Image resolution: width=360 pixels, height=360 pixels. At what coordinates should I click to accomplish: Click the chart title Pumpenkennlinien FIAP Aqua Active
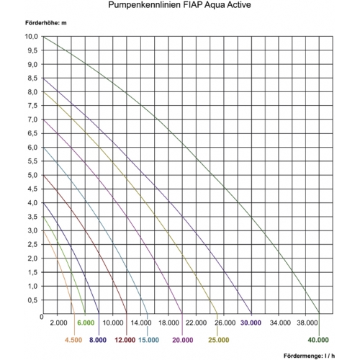pos(179,5)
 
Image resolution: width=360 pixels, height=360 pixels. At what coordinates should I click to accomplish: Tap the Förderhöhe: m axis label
pos(46,23)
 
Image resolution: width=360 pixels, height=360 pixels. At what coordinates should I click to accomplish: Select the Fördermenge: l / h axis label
pos(309,356)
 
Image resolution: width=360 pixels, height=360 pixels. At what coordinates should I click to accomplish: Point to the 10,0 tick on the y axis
pos(32,37)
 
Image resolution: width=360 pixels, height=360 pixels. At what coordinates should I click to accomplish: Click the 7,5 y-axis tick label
pos(33,106)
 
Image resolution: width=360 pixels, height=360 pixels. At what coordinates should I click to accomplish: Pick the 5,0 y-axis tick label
pos(33,175)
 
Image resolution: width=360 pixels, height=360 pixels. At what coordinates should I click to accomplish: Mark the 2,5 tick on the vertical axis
pos(33,245)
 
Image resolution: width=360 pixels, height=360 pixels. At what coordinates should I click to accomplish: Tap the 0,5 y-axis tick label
pos(33,300)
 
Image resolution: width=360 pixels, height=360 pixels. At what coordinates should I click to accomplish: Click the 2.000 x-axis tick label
pos(58,323)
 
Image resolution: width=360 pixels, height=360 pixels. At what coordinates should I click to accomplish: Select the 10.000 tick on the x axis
pos(113,323)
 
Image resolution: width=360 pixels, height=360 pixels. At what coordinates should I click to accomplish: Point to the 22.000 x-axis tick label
pos(196,323)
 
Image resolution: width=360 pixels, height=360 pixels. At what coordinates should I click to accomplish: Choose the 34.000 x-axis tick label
pos(280,323)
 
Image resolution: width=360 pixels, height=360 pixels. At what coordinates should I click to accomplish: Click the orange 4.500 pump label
pos(73,340)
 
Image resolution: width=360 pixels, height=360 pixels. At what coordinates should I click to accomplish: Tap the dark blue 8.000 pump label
pos(98,340)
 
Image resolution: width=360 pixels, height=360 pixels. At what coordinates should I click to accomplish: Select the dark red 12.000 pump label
pos(125,340)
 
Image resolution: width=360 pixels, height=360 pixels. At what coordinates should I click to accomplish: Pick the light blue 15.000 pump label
pos(148,340)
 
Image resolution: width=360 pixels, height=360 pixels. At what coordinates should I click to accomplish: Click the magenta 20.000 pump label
pos(183,340)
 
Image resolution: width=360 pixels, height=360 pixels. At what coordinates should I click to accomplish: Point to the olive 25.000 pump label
pos(219,340)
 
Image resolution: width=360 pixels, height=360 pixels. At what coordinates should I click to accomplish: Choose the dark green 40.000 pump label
pos(318,340)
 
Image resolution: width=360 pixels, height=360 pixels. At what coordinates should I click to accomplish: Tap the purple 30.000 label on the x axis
pos(251,323)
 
